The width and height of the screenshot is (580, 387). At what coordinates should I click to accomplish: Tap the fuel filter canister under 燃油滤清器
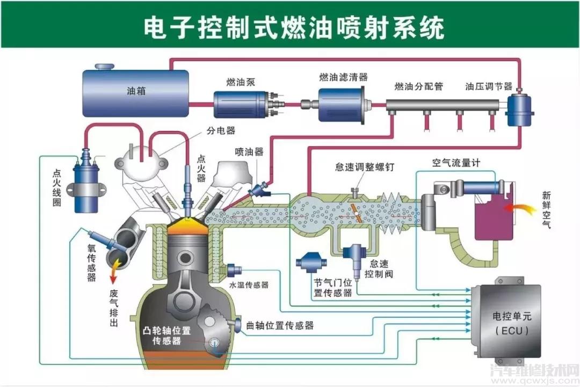click(x=340, y=104)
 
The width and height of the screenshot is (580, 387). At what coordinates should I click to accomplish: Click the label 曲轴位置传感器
click(x=280, y=325)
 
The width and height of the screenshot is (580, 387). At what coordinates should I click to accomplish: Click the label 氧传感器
click(x=91, y=262)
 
